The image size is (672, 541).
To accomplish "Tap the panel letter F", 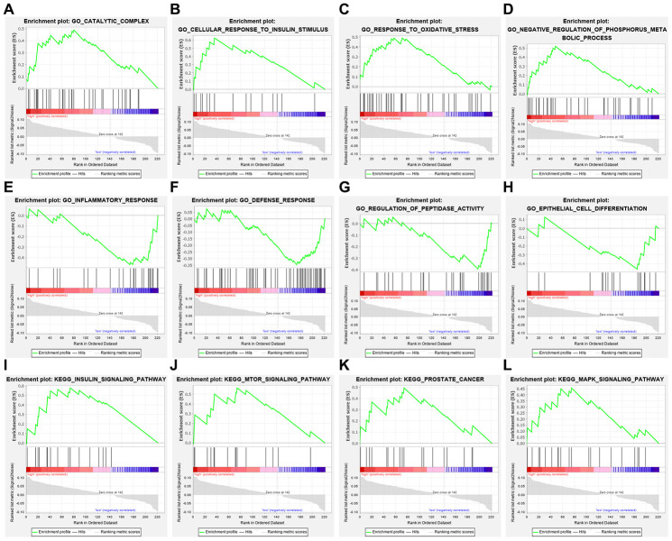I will pos(176,188).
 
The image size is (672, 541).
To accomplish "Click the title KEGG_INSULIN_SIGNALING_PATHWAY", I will pos(88,375).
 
